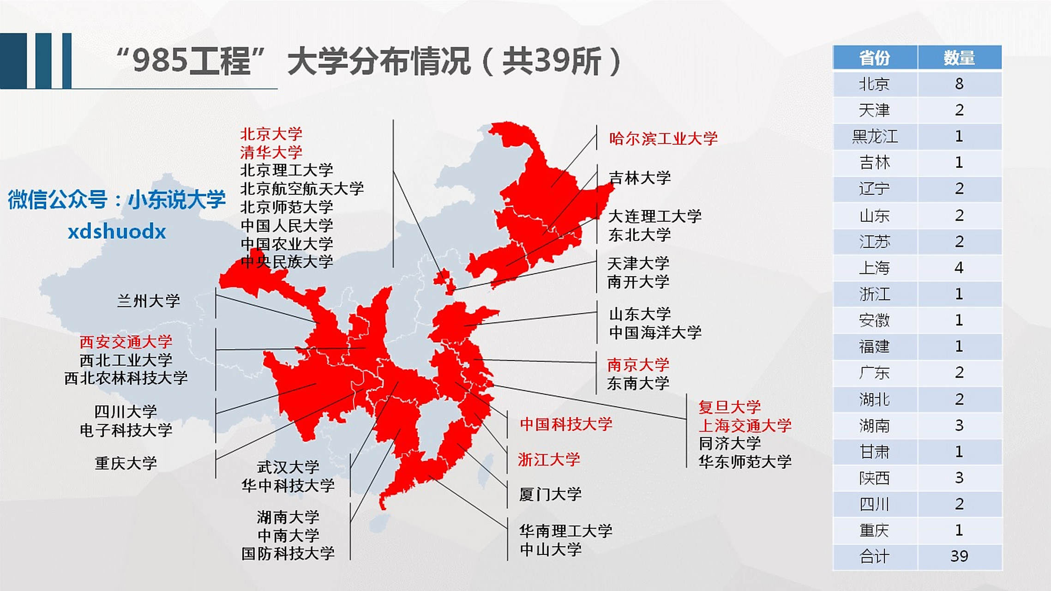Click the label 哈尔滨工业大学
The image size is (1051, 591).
coord(663,139)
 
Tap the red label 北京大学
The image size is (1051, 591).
coord(271,134)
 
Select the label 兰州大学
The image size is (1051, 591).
coord(148,301)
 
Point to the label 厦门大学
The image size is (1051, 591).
coord(550,495)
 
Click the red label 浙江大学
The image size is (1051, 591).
coord(549,459)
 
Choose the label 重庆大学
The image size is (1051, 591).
coord(126,463)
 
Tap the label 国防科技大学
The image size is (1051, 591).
coord(288,553)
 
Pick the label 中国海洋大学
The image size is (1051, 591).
coord(655,332)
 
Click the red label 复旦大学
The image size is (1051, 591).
coord(729,407)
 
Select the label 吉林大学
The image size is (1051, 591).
coord(640,178)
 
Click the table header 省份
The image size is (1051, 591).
coord(874,58)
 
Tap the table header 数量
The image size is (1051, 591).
coord(959,58)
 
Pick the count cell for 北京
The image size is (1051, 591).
coord(959,84)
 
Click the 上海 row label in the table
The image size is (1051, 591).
coord(874,268)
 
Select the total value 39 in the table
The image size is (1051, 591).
coord(959,556)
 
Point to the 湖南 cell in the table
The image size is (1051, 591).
coord(874,425)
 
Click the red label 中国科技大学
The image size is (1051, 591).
coord(566,424)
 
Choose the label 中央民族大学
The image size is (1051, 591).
coord(287,262)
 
